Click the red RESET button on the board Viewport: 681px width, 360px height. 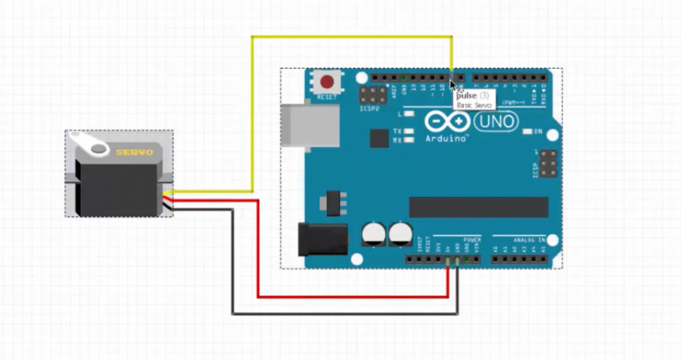[x=327, y=83]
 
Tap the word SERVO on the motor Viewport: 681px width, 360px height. [x=134, y=152]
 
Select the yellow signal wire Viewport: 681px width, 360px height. [x=252, y=113]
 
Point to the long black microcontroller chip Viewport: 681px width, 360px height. [x=478, y=207]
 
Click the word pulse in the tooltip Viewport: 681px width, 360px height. [x=467, y=96]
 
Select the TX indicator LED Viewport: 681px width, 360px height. [x=409, y=131]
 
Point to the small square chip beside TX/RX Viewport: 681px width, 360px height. [x=379, y=138]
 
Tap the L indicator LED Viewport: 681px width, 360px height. [x=409, y=114]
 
